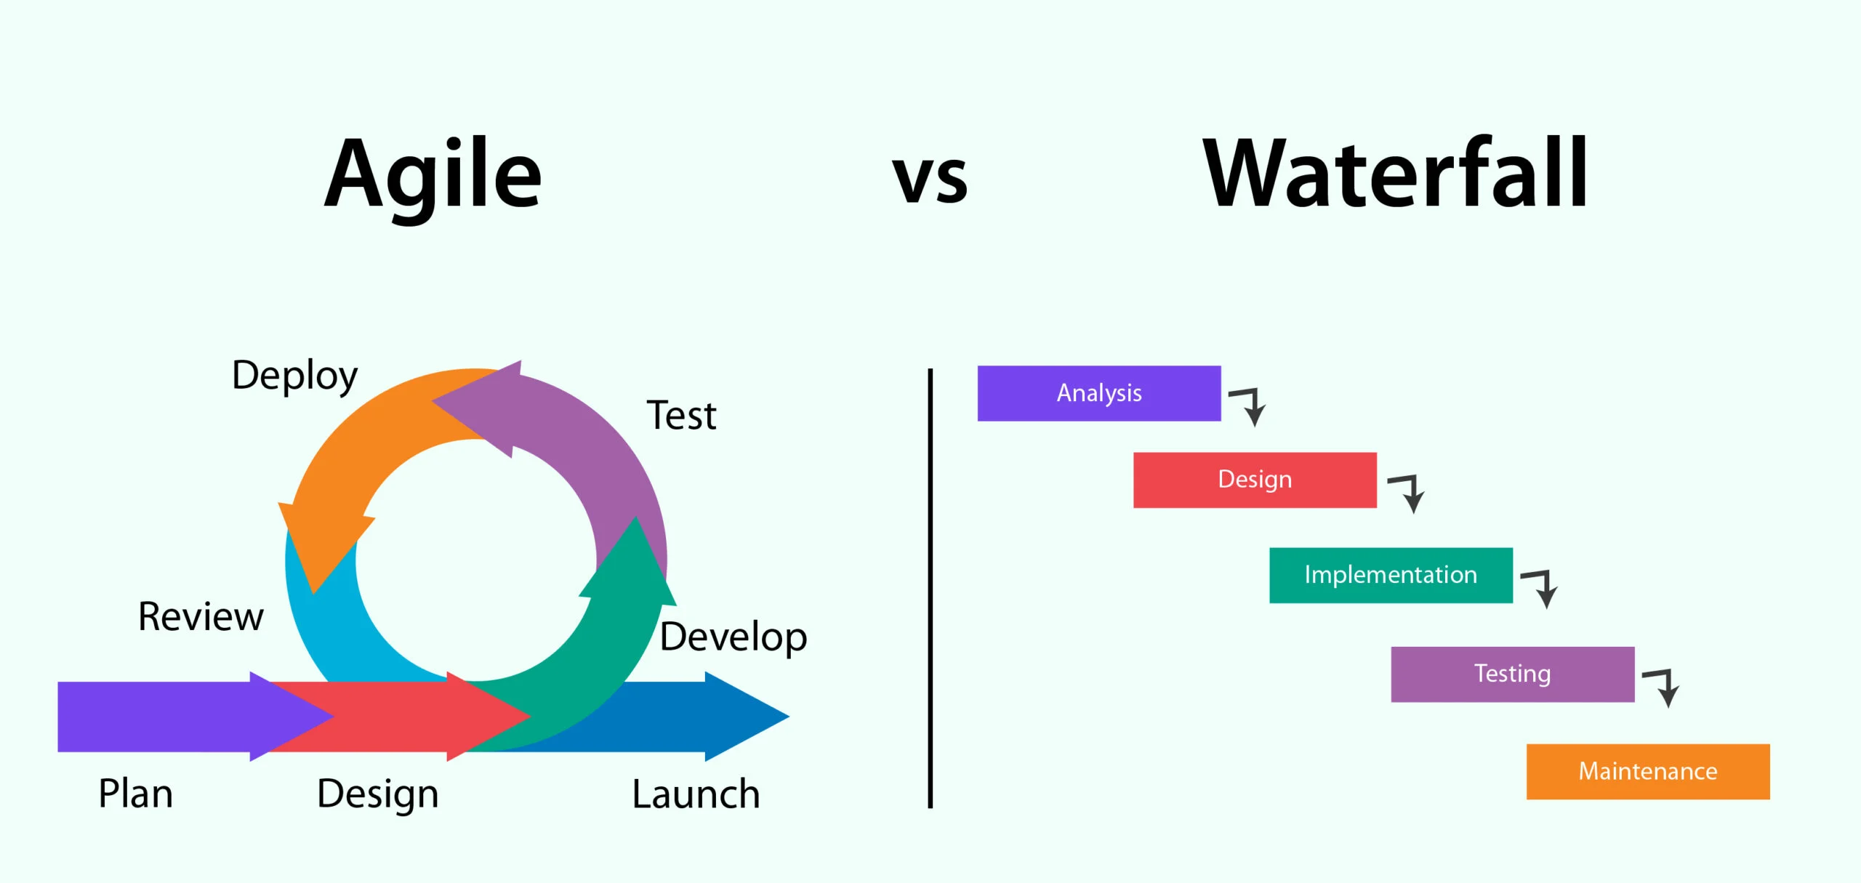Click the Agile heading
pos(433,177)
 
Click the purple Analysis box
pos(1098,393)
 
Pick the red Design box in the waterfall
pos(1254,480)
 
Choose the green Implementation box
pos(1390,575)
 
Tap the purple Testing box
pos(1512,674)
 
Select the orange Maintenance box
pos(1647,771)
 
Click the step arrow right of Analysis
pos(1249,406)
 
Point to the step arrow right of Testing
pos(1663,687)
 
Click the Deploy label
pos(294,376)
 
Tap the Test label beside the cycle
pos(681,416)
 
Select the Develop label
pos(733,637)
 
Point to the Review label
pos(201,617)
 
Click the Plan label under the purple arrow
pos(136,794)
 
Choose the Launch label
pos(696,794)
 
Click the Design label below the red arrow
pos(378,794)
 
